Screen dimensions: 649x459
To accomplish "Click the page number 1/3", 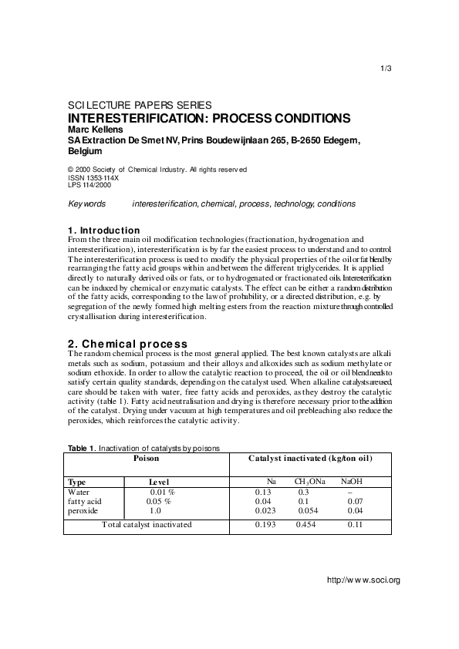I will coord(387,69).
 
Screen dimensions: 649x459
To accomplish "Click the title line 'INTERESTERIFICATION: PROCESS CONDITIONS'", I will coord(210,119).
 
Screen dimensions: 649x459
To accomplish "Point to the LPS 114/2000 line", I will coord(89,185).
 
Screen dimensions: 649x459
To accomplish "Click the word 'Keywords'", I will coord(86,204).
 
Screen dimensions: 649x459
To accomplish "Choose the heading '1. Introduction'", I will coord(104,230).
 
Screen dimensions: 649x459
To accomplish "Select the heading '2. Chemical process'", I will coord(127,343).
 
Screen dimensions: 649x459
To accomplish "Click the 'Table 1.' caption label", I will coord(81,447).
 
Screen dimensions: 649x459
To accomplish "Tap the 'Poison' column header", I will coord(147,458).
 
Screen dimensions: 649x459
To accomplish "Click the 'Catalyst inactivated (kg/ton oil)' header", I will coord(310,458).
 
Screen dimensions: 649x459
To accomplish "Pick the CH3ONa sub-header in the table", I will coord(310,482).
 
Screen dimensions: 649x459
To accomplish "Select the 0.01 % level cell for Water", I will coord(162,492).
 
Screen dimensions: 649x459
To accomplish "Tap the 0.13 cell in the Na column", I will coord(263,492).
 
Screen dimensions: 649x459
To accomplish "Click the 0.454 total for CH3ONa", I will coord(306,525).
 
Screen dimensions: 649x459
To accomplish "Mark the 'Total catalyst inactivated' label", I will coord(147,525).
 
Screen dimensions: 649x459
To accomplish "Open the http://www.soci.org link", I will coord(363,580).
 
